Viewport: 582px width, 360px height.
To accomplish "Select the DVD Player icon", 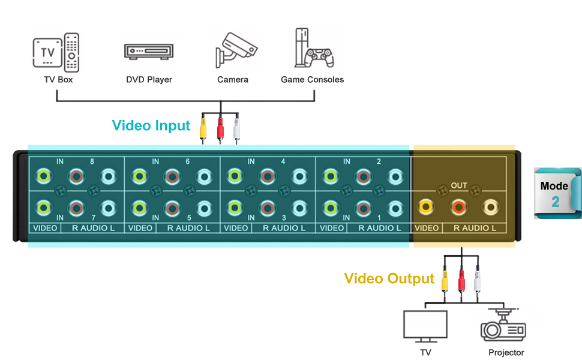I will point(149,51).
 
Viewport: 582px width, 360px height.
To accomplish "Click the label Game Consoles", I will point(312,79).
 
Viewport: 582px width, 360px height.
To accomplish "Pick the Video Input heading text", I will point(151,125).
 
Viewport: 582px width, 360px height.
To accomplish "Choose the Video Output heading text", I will point(389,278).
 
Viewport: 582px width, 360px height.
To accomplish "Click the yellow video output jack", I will point(425,208).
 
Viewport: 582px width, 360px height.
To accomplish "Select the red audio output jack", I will point(458,208).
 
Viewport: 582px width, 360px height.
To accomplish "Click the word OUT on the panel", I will point(459,186).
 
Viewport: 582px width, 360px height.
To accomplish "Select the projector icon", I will point(503,326).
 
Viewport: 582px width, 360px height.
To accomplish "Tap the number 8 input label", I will point(92,161).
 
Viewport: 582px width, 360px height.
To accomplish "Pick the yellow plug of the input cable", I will point(203,129).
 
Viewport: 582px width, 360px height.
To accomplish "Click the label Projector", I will point(506,353).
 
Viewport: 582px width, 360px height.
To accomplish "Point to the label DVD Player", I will point(149,79).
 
